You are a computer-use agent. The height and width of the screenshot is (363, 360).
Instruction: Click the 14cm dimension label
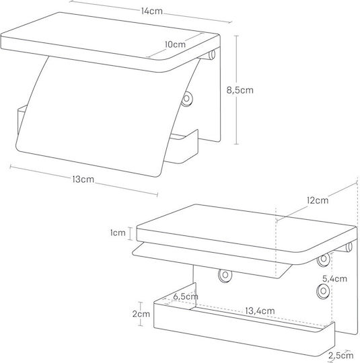pyautogui.click(x=152, y=11)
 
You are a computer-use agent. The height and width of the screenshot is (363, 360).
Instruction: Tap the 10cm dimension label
pyautogui.click(x=175, y=44)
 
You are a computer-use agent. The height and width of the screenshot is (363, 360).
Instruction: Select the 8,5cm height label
pyautogui.click(x=240, y=90)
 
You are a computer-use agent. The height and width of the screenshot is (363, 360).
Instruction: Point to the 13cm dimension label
pyautogui.click(x=83, y=179)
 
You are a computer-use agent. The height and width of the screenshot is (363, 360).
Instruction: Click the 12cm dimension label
pyautogui.click(x=318, y=200)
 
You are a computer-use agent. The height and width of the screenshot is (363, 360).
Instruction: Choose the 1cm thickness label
pyautogui.click(x=118, y=233)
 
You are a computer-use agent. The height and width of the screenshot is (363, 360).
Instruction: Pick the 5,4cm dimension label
pyautogui.click(x=334, y=279)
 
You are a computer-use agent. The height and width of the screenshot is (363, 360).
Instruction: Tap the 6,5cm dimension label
pyautogui.click(x=186, y=296)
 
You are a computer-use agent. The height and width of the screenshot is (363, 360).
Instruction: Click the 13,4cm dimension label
pyautogui.click(x=260, y=311)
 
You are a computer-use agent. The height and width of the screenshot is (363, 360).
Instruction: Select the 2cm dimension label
pyautogui.click(x=141, y=314)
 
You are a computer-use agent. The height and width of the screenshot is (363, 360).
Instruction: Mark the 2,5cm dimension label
pyautogui.click(x=341, y=356)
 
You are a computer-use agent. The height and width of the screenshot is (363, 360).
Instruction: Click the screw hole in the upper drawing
pyautogui.click(x=186, y=99)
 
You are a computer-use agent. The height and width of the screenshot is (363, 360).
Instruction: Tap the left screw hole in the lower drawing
pyautogui.click(x=225, y=275)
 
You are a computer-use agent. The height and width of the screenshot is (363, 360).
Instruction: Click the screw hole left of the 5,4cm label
pyautogui.click(x=324, y=259)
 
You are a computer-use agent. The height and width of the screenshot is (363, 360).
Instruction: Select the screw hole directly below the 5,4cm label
pyautogui.click(x=324, y=291)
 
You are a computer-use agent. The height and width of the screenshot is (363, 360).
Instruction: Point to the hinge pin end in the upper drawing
pyautogui.click(x=212, y=55)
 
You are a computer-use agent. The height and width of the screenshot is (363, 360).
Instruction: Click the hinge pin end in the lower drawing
pyautogui.click(x=349, y=247)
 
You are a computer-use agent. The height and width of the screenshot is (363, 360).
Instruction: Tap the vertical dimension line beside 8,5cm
pyautogui.click(x=236, y=90)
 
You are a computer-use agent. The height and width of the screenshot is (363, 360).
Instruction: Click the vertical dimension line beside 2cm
pyautogui.click(x=141, y=314)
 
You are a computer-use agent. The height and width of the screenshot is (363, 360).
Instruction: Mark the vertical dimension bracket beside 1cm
pyautogui.click(x=130, y=233)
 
